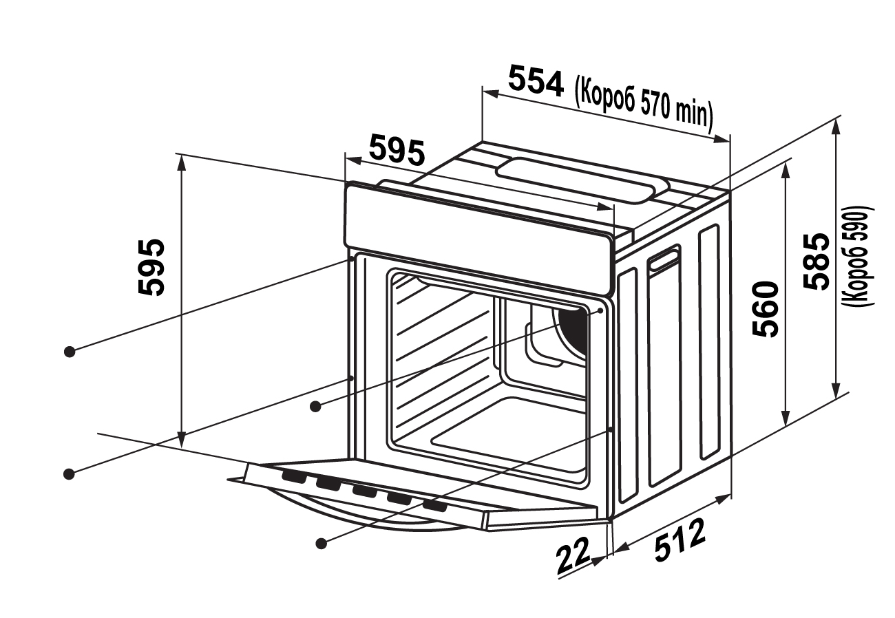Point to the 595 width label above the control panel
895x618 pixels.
(397, 151)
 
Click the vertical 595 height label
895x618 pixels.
(151, 267)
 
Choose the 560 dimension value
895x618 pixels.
(765, 308)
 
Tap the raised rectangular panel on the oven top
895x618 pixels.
(582, 178)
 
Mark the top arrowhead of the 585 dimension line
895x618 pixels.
(836, 124)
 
